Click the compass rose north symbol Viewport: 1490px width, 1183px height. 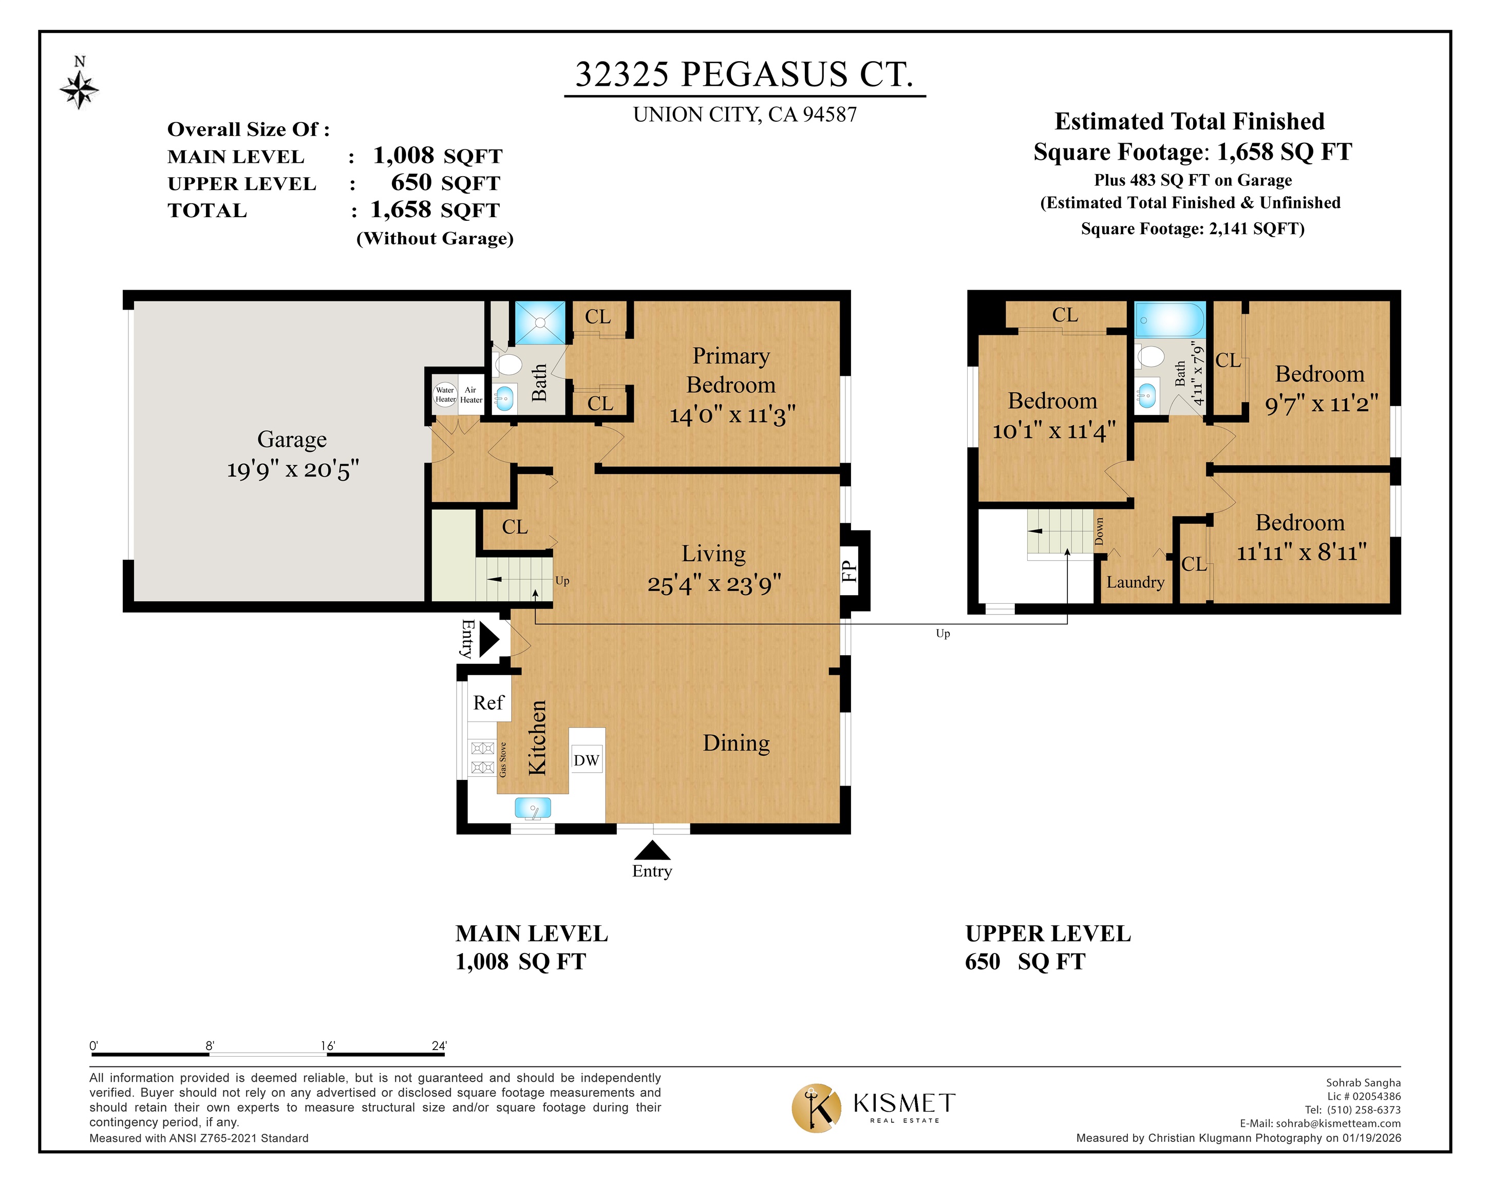pos(80,84)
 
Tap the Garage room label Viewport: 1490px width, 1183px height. pos(292,440)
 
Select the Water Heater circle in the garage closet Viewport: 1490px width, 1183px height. pos(445,394)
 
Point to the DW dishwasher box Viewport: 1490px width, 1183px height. pos(586,760)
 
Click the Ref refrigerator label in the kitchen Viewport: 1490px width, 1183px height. pos(488,703)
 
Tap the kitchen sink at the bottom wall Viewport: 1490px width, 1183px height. pos(533,808)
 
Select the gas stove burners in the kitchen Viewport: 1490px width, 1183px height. pos(482,757)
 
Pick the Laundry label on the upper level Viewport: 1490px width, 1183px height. pos(1135,582)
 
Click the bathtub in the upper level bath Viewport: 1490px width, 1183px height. pos(1170,320)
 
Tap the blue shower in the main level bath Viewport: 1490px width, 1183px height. pos(540,322)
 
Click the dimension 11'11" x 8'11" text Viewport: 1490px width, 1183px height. pos(1302,552)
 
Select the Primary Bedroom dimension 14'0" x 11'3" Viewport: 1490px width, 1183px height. pos(732,414)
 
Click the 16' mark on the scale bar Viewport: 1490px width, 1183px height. pos(328,1045)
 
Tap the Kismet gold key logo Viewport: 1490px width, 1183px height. pos(816,1108)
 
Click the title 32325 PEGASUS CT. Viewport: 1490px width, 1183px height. pos(744,74)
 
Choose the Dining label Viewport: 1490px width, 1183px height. pos(736,743)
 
